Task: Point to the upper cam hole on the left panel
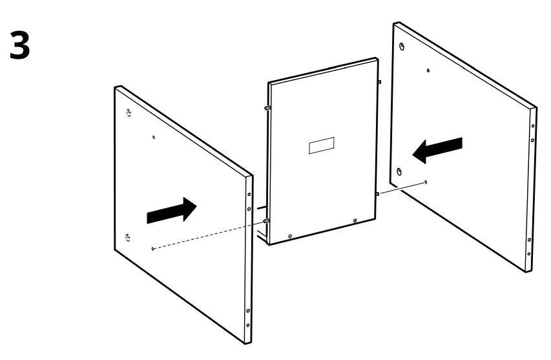coord(128,112)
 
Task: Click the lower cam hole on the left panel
coord(128,237)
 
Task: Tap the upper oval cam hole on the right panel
coord(402,47)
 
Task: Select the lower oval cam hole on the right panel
coord(399,171)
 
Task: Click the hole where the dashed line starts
coord(152,248)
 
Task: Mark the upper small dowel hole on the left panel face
coord(153,137)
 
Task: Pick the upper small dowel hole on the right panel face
coord(428,69)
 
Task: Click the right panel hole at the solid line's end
coord(427,182)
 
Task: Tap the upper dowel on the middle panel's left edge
coord(265,108)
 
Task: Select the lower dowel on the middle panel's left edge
coord(265,221)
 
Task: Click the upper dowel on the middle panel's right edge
coord(379,82)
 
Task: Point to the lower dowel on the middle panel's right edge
coord(378,193)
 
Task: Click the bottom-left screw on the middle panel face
coord(290,236)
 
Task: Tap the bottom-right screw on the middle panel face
coord(356,222)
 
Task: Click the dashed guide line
coord(207,235)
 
